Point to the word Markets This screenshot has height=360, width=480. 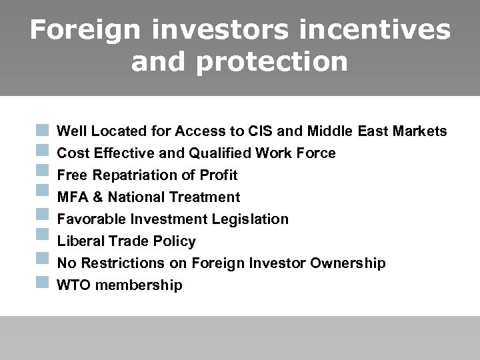(x=419, y=131)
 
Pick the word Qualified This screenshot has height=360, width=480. (x=221, y=153)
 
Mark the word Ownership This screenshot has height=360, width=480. (x=348, y=263)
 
